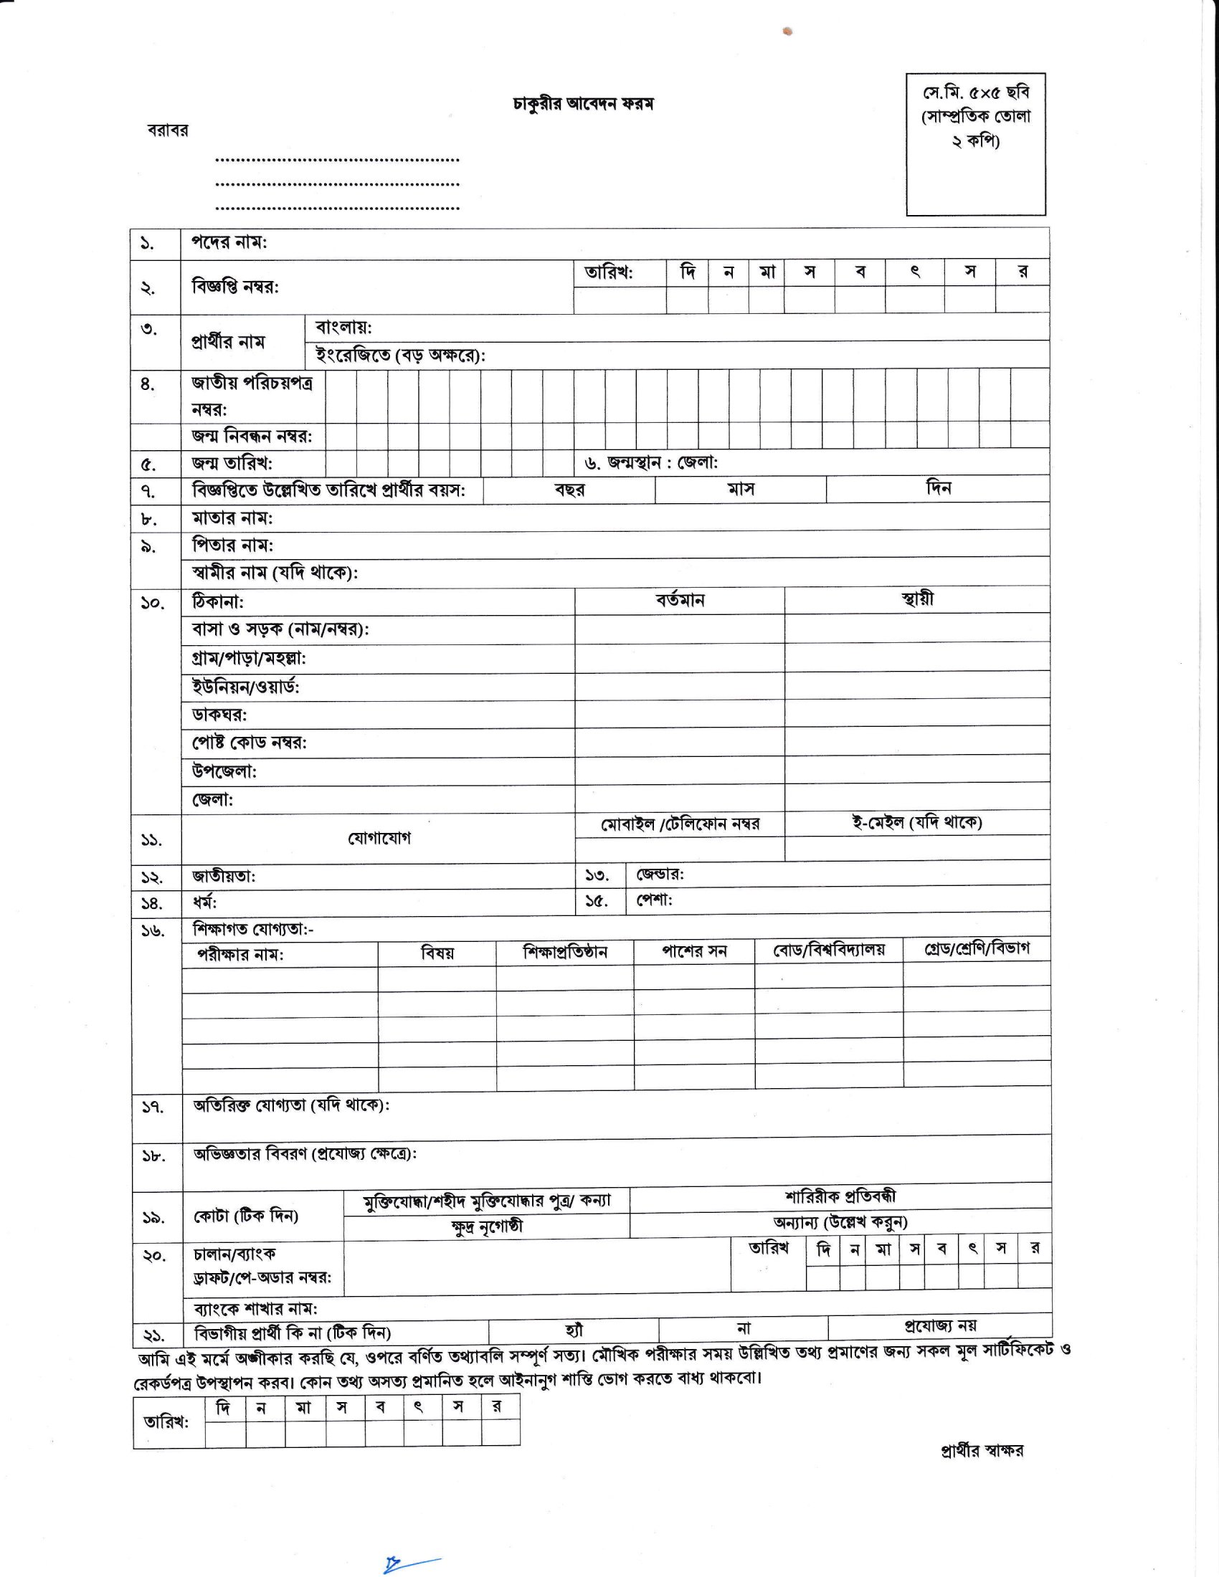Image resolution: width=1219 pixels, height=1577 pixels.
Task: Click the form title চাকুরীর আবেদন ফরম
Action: [582, 104]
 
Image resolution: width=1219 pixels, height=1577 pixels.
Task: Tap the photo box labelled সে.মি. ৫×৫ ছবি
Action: [976, 143]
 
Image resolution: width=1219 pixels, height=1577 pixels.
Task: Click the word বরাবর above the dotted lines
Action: [168, 130]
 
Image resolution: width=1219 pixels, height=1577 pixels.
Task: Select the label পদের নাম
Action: [229, 242]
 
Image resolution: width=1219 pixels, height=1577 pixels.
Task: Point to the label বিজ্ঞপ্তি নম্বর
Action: [234, 287]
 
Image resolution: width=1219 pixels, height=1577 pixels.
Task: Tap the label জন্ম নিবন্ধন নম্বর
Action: [251, 436]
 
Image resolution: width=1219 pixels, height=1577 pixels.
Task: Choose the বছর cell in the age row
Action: [569, 490]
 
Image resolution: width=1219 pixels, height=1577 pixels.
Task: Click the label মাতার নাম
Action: [232, 518]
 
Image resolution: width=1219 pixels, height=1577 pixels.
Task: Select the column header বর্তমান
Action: [680, 600]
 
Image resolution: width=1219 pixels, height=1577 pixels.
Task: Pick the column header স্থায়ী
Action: [917, 599]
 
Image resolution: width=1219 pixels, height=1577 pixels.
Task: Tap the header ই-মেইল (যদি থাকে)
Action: [916, 821]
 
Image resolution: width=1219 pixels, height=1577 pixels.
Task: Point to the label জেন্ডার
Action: [659, 875]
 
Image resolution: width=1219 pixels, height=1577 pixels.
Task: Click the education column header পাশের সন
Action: [694, 952]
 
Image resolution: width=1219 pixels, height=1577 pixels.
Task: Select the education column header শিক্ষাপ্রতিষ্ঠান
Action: [565, 953]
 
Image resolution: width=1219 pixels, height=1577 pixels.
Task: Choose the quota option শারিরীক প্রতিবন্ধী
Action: [840, 1196]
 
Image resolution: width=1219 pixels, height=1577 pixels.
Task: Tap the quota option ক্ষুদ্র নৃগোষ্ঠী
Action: [487, 1226]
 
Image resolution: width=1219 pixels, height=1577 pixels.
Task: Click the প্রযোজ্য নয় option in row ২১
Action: [940, 1325]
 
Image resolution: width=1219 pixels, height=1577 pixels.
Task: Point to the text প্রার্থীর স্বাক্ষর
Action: [982, 1451]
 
